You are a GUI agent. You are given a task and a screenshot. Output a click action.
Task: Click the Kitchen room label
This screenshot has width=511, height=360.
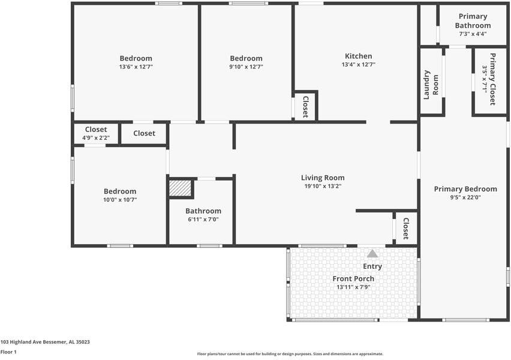click(358, 56)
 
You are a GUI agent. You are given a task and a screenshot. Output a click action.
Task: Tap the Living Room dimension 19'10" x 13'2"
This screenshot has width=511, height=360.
click(323, 187)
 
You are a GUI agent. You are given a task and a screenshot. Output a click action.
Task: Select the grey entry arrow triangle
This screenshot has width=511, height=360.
click(372, 254)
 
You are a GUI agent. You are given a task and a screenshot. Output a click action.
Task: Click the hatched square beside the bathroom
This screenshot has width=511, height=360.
click(179, 188)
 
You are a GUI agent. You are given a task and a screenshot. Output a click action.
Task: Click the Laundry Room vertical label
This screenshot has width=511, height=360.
click(431, 85)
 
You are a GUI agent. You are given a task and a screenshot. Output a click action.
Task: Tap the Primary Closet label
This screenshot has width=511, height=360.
click(492, 79)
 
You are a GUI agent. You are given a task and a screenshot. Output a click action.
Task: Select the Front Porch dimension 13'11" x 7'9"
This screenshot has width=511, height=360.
click(353, 287)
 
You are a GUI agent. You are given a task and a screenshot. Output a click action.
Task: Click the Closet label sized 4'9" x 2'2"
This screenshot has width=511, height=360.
click(96, 130)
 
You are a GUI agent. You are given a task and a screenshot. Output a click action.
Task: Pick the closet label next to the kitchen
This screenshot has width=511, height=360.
click(305, 106)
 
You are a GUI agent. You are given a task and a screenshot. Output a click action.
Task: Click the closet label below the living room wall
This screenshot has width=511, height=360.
click(406, 229)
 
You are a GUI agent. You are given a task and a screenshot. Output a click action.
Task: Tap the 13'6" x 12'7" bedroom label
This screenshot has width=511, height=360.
click(136, 58)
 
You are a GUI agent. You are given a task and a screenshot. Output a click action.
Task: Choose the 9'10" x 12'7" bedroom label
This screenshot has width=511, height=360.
click(246, 58)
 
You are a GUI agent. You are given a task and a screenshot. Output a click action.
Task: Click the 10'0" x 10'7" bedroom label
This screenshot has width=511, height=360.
click(120, 191)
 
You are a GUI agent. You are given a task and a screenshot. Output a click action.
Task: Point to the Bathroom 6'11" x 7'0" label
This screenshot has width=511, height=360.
click(203, 211)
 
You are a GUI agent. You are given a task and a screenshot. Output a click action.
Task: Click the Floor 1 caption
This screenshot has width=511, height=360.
click(8, 352)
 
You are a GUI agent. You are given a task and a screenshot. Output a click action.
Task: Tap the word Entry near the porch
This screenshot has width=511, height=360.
click(372, 266)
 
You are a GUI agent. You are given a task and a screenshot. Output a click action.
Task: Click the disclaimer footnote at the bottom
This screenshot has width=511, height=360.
click(290, 354)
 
